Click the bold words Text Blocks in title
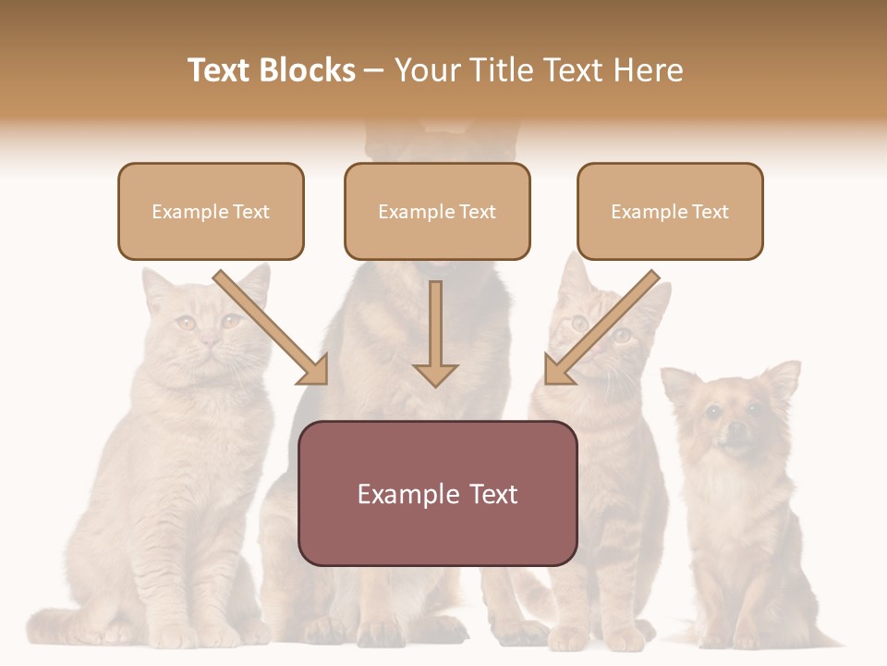(271, 70)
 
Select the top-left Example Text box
(211, 212)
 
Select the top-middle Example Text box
(437, 212)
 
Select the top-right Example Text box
(670, 212)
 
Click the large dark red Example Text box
(437, 494)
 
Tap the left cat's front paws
(185, 634)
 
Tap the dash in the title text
(374, 70)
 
